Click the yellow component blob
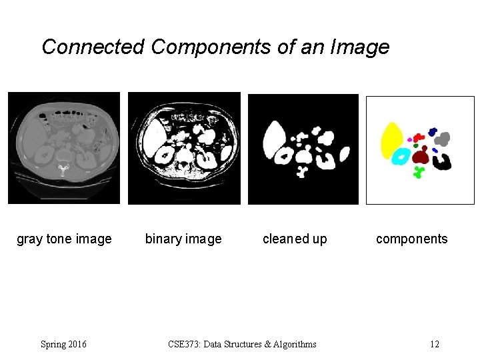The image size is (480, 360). coord(390,141)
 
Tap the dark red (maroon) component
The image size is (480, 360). coord(420,157)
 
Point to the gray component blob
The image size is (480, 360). coord(443,139)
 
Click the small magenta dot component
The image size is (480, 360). coord(409,139)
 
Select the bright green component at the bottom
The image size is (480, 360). coord(419,173)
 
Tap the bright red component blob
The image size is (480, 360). coord(418,137)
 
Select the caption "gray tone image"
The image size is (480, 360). coord(64,239)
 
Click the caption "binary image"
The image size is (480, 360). coord(183,239)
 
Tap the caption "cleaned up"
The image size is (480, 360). coord(295,239)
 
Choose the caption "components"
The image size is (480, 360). coord(412,239)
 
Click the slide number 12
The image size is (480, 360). coord(435,344)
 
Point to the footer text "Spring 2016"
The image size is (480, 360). coord(63,344)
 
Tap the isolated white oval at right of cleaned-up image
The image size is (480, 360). coord(345,155)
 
